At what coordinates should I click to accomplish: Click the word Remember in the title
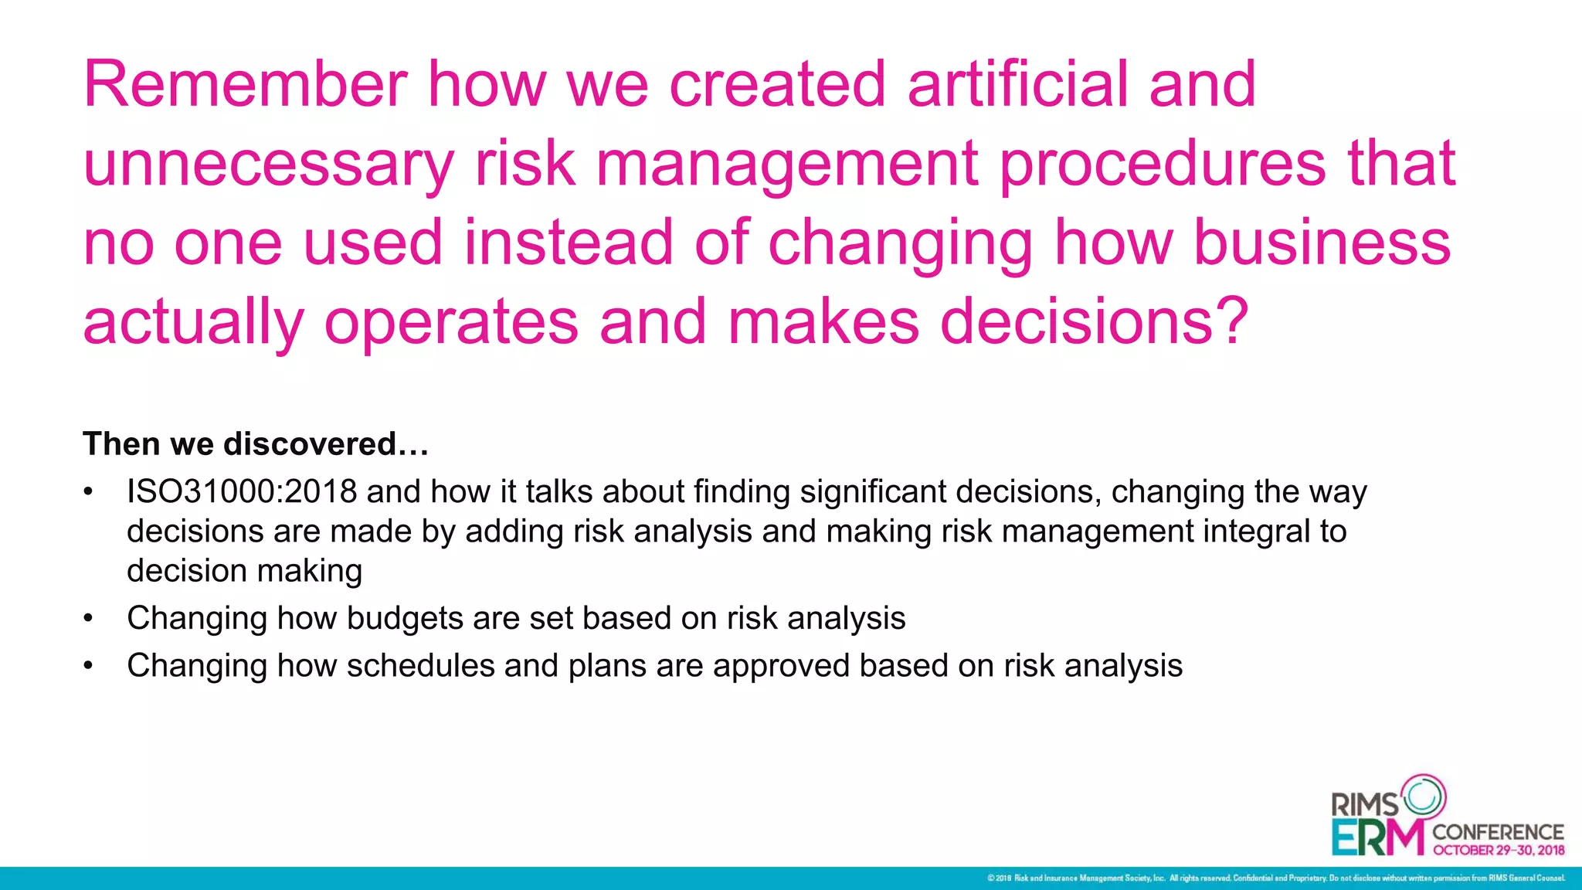coord(246,84)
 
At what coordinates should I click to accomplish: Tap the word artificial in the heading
coord(1017,84)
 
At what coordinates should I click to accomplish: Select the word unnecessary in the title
coord(268,165)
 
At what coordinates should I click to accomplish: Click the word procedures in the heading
coord(1163,165)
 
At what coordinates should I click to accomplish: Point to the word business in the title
coord(1322,243)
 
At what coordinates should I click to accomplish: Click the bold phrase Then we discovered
coord(255,444)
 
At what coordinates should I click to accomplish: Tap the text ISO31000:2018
coord(242,492)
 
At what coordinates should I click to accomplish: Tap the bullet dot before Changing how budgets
coord(89,619)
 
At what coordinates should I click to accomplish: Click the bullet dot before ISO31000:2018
coord(89,492)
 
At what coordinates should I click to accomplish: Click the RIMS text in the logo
coord(1365,805)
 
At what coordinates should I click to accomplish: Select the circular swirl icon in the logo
coord(1423,796)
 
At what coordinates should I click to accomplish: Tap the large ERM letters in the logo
coord(1377,837)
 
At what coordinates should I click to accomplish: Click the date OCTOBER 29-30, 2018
coord(1499,851)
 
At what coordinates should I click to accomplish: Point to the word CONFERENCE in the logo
coord(1498,832)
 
